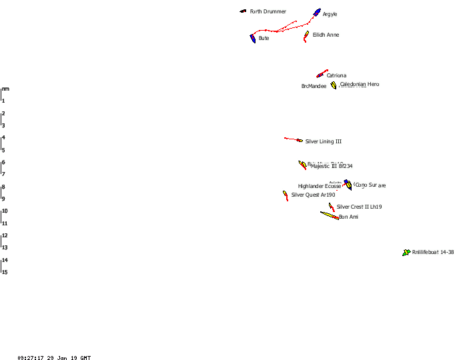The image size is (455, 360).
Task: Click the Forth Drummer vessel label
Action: pyautogui.click(x=268, y=11)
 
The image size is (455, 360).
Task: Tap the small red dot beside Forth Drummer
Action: pyautogui.click(x=245, y=11)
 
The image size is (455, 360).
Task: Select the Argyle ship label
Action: pyautogui.click(x=330, y=15)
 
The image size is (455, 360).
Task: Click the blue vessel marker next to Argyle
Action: pyautogui.click(x=317, y=13)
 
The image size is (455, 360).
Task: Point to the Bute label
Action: pyautogui.click(x=264, y=39)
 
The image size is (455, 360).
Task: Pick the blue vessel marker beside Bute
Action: pyautogui.click(x=254, y=39)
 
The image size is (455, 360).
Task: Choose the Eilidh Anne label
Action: pyautogui.click(x=326, y=35)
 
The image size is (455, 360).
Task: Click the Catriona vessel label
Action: pyautogui.click(x=336, y=76)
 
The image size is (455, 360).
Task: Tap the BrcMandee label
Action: pyautogui.click(x=314, y=86)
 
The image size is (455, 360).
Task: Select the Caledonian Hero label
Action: pyautogui.click(x=360, y=85)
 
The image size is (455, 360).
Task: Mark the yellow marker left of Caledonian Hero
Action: pyautogui.click(x=334, y=85)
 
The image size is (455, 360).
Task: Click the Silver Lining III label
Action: pyautogui.click(x=324, y=142)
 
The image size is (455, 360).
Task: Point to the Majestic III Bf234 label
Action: pyautogui.click(x=332, y=167)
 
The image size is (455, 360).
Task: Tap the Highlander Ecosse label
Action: pyautogui.click(x=320, y=187)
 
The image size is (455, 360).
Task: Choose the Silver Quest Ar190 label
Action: pyautogui.click(x=314, y=195)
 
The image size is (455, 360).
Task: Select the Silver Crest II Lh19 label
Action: pyautogui.click(x=360, y=207)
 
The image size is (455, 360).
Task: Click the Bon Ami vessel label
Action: pyautogui.click(x=349, y=217)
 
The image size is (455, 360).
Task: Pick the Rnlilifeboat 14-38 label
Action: pyautogui.click(x=433, y=252)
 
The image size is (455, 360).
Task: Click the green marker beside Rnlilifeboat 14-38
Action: pyautogui.click(x=406, y=253)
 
